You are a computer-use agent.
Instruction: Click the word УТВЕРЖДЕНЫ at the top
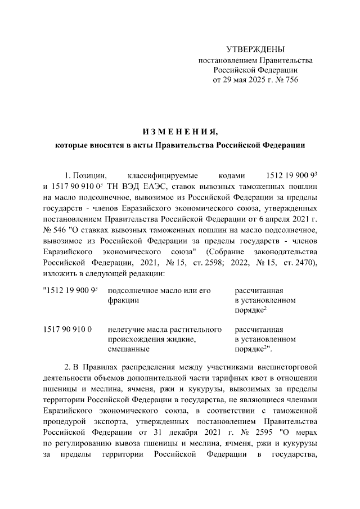(x=255, y=49)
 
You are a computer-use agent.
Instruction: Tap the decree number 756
(x=290, y=80)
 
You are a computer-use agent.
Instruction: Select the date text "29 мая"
(x=232, y=80)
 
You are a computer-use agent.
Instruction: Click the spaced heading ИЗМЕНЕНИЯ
(x=180, y=132)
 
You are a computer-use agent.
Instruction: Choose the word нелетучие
(x=124, y=330)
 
